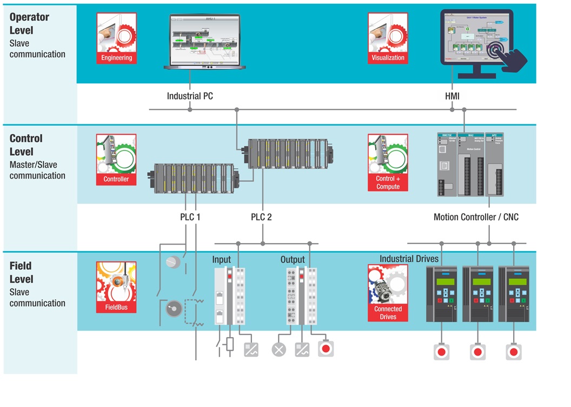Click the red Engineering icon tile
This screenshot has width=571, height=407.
[x=116, y=38]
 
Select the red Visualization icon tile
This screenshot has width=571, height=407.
[x=388, y=38]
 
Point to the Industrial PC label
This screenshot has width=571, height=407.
[x=190, y=96]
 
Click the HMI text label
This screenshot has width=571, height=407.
[x=452, y=96]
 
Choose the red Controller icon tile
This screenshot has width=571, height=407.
[x=116, y=160]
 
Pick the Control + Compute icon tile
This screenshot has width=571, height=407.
[x=388, y=163]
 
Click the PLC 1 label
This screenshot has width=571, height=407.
[x=190, y=217]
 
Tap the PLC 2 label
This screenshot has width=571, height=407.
[x=261, y=217]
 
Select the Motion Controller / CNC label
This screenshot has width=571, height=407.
[x=476, y=217]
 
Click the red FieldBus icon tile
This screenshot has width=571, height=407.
[x=116, y=287]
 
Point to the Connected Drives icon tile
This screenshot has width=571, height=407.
[x=388, y=293]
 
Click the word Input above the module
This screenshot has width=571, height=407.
[x=222, y=260]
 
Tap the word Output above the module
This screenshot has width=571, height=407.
[x=293, y=260]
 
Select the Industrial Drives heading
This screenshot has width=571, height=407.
[x=409, y=259]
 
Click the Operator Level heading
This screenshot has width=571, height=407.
[x=29, y=24]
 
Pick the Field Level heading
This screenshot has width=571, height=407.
[x=22, y=273]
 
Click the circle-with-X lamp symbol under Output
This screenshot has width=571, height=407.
[x=278, y=350]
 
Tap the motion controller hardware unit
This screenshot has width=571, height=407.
[x=470, y=165]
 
